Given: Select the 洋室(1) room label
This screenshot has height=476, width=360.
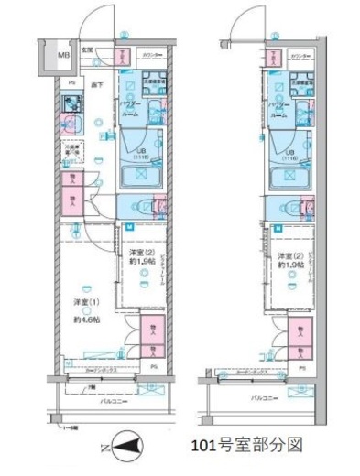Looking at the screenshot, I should click(87, 301).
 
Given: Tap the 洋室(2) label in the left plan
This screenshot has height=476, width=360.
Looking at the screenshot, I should click(141, 254).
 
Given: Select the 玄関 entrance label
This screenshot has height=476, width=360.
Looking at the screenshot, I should click(88, 50).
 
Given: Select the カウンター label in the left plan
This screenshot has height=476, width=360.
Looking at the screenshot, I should click(149, 55).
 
